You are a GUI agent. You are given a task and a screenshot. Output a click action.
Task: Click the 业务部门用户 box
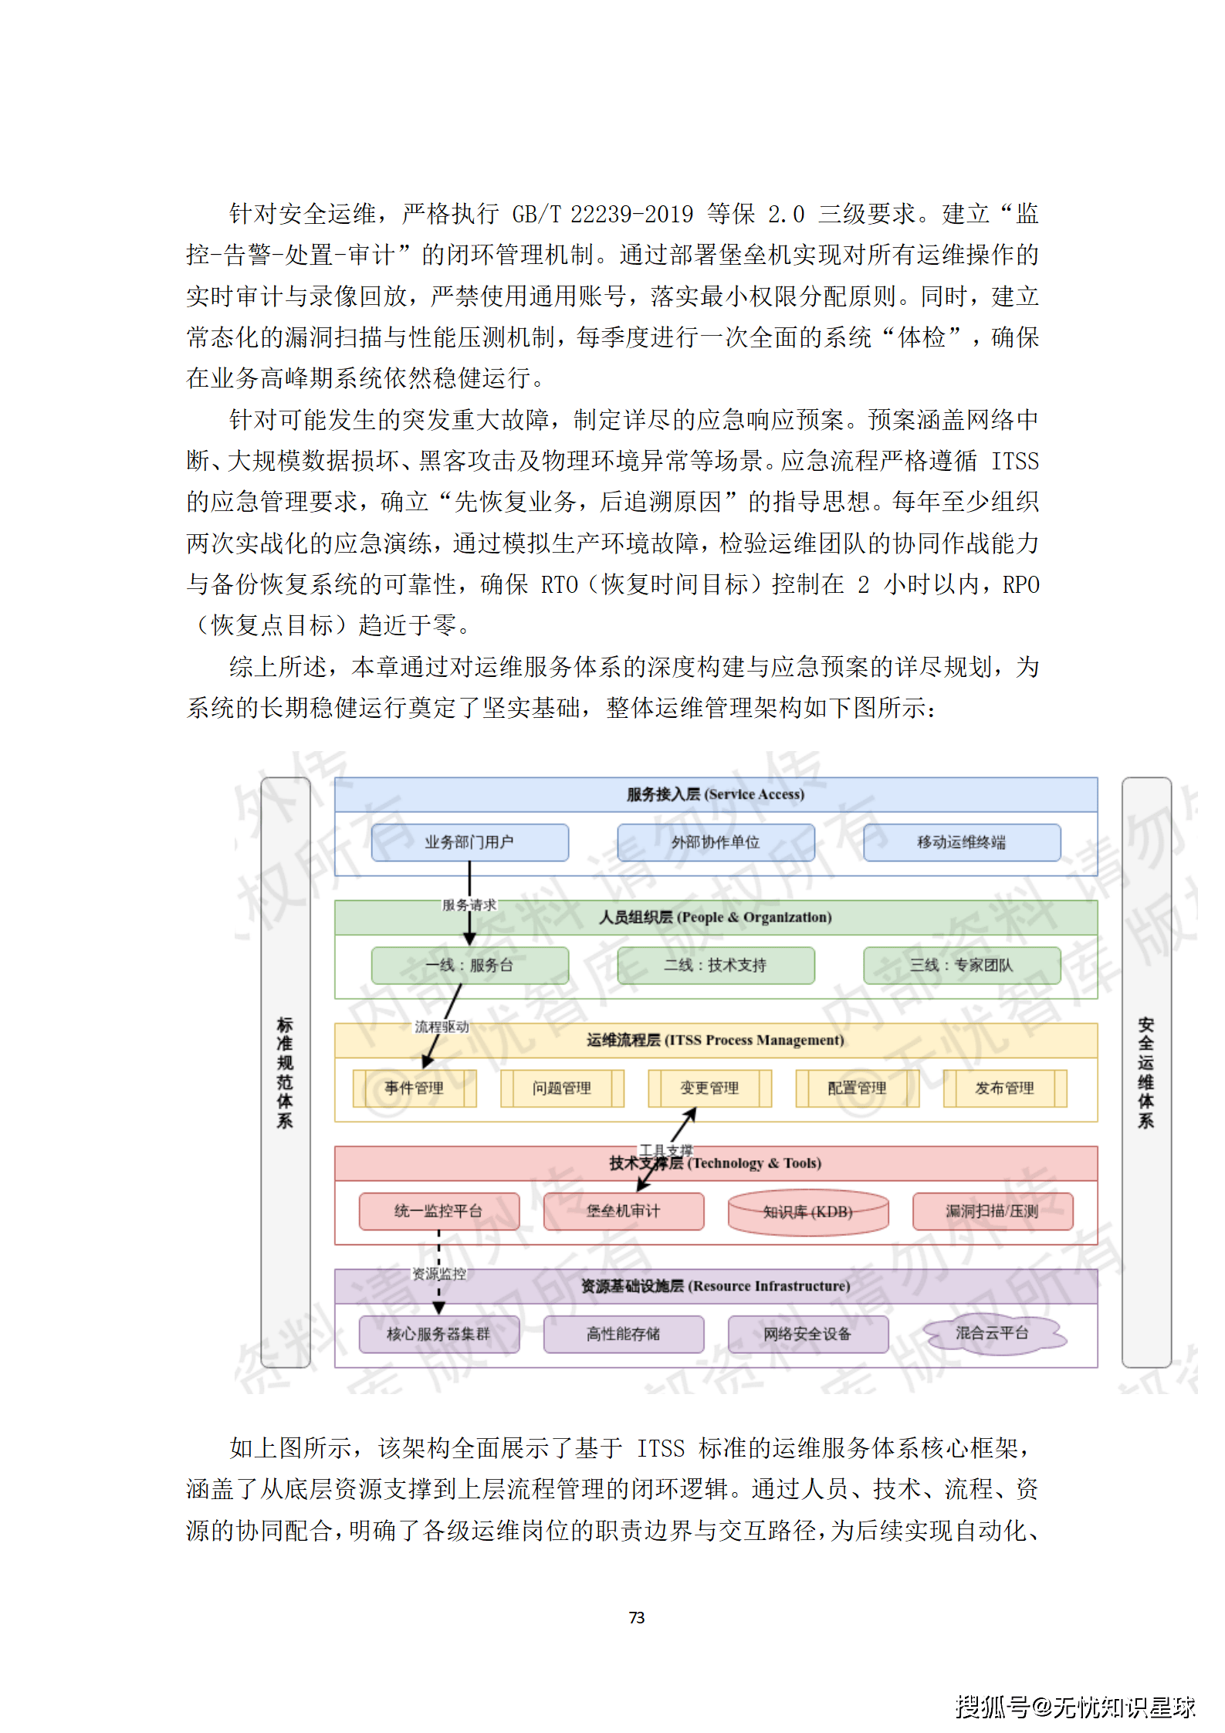click(469, 842)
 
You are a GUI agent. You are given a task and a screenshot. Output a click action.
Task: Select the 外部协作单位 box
click(716, 842)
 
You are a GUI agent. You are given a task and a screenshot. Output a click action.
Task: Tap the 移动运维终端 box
click(961, 842)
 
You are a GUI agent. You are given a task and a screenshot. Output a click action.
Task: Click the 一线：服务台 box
click(469, 965)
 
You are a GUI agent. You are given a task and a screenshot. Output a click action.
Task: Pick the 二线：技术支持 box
click(716, 965)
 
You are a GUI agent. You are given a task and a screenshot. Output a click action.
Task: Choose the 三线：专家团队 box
click(961, 965)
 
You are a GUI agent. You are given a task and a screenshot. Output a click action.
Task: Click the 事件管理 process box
click(415, 1088)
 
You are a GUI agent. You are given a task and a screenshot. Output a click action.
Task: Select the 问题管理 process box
click(562, 1088)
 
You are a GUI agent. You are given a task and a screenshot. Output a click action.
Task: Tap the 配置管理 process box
click(857, 1088)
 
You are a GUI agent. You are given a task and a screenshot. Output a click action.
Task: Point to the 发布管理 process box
click(1004, 1088)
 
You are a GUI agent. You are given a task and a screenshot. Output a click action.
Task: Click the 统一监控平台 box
click(438, 1210)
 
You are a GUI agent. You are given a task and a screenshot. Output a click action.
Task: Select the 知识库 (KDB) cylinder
click(807, 1211)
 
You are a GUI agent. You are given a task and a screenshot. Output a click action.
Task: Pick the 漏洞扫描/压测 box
click(992, 1210)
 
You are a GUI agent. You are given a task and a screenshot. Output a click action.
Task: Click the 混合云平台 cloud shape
click(992, 1333)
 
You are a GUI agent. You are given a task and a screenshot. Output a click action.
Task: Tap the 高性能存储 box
click(623, 1334)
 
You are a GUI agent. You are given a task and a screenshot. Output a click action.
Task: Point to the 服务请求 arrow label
click(469, 905)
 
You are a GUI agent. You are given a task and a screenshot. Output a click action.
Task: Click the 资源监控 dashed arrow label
click(438, 1274)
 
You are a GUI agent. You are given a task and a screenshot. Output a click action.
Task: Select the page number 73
click(637, 1617)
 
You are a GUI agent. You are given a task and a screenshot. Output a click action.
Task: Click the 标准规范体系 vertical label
click(285, 1072)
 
